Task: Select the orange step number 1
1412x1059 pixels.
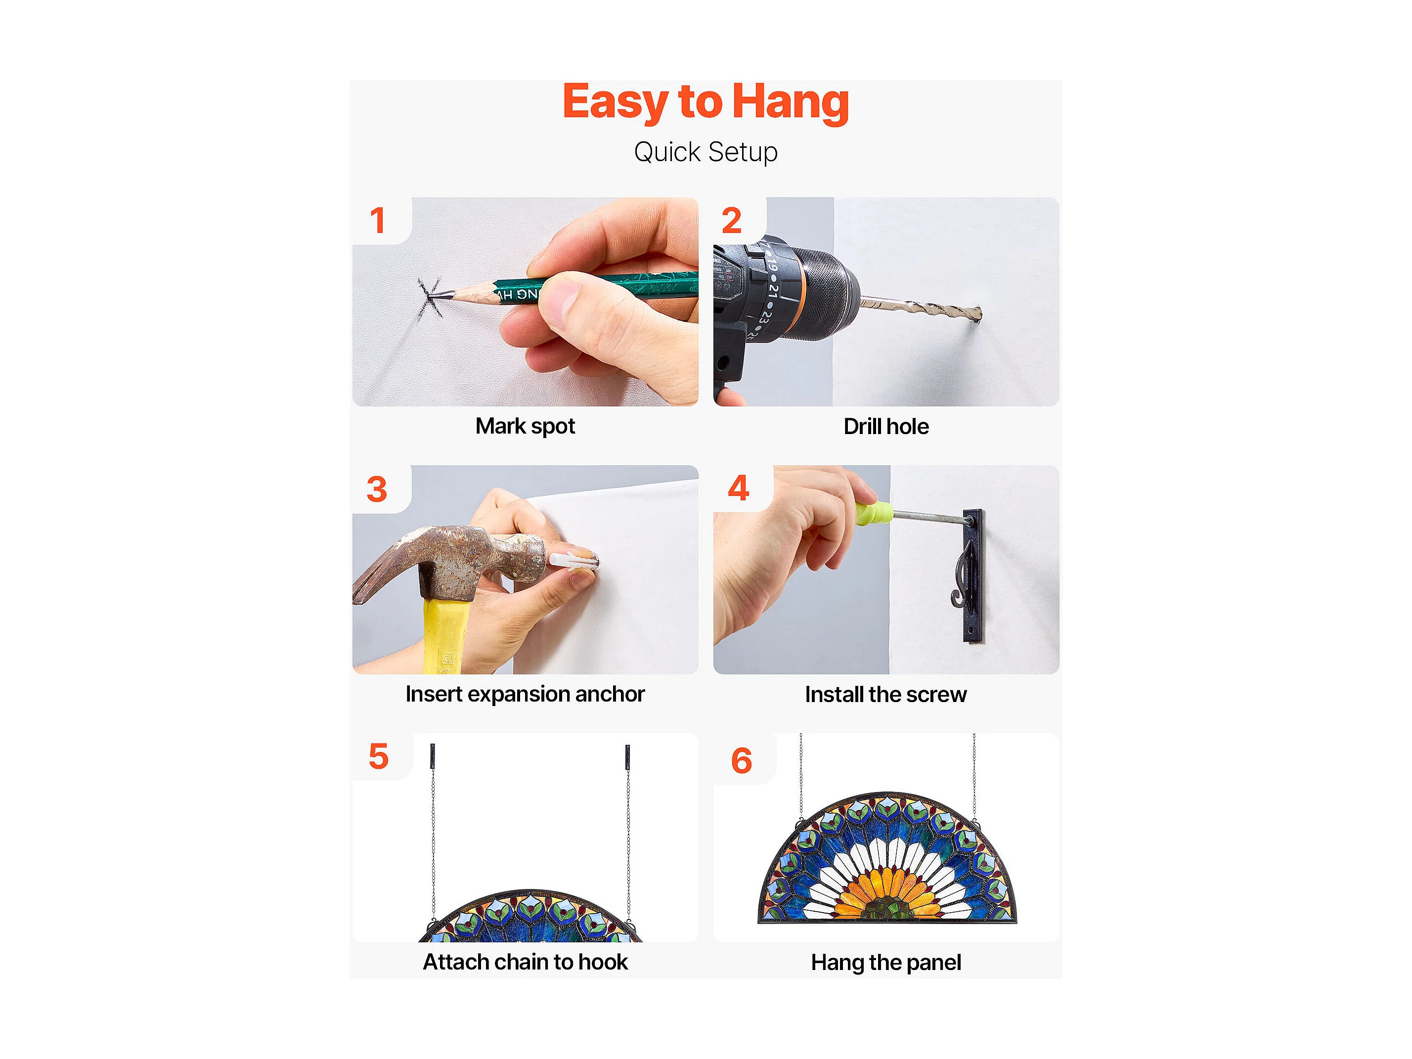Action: click(377, 220)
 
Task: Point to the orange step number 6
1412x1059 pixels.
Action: click(741, 761)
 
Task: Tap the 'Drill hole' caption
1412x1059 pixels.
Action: click(886, 426)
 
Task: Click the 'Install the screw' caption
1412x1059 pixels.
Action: click(886, 695)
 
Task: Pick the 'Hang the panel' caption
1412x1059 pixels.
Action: click(886, 963)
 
